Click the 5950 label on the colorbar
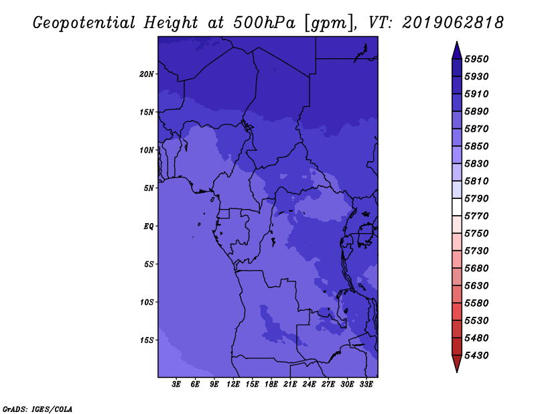click(476, 59)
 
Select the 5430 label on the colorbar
click(476, 356)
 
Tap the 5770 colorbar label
click(476, 216)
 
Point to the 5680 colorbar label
click(476, 269)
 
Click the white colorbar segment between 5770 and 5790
click(457, 207)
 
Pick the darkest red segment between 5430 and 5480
click(457, 346)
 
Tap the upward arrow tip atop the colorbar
click(457, 42)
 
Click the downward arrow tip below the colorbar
click(457, 372)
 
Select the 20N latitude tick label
click(147, 74)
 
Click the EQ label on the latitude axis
click(148, 226)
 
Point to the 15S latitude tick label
click(147, 340)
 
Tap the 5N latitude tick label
click(149, 188)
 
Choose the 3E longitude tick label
click(176, 385)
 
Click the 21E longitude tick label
click(290, 385)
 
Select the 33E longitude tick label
click(366, 385)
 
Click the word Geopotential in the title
click(84, 23)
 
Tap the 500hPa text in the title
click(264, 23)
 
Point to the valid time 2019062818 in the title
click(453, 23)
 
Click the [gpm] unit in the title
click(329, 23)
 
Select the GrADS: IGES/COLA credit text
click(38, 409)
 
